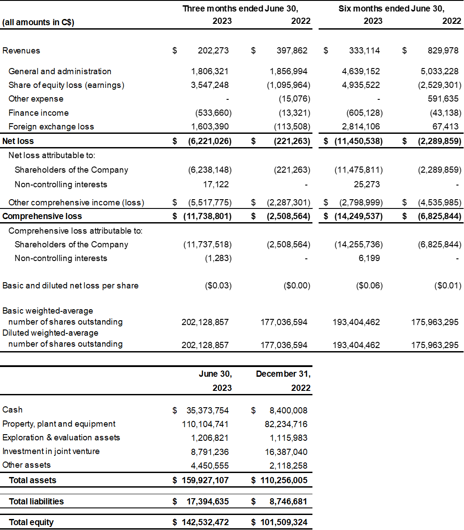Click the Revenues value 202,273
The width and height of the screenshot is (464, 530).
coord(213,50)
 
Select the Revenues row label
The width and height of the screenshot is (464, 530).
coord(21,50)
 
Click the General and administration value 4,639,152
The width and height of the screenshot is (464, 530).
coord(361,71)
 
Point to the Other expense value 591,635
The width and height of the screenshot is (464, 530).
coord(443,98)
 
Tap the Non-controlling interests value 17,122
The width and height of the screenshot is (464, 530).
coord(216,184)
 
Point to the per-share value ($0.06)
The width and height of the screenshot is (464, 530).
coord(369,285)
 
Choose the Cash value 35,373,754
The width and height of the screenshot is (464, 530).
coord(207,410)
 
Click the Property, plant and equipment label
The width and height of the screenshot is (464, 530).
coord(59,424)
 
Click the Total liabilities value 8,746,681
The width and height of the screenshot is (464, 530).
coord(284,501)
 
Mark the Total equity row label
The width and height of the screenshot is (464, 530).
coord(31,522)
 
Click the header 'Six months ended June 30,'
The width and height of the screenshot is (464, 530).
coord(391,8)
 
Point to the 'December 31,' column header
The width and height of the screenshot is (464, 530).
coord(283,374)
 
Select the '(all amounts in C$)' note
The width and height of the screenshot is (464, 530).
coord(38,22)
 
